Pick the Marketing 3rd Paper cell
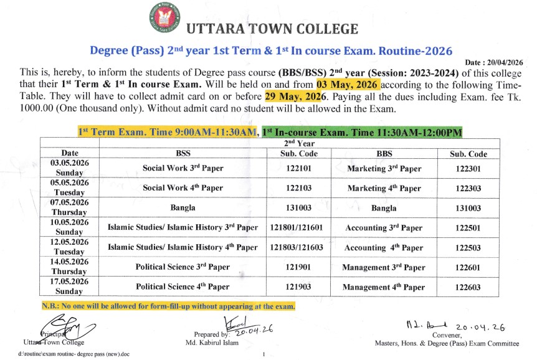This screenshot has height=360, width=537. click(384, 168)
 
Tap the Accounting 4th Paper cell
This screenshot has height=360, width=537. click(384, 247)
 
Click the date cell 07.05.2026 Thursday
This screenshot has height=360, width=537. click(69, 207)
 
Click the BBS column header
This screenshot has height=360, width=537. click(384, 153)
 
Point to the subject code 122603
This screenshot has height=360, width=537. click(468, 287)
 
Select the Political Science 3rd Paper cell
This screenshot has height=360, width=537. click(183, 267)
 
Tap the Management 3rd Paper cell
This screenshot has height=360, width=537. click(384, 267)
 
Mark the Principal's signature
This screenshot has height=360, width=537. click(69, 328)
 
